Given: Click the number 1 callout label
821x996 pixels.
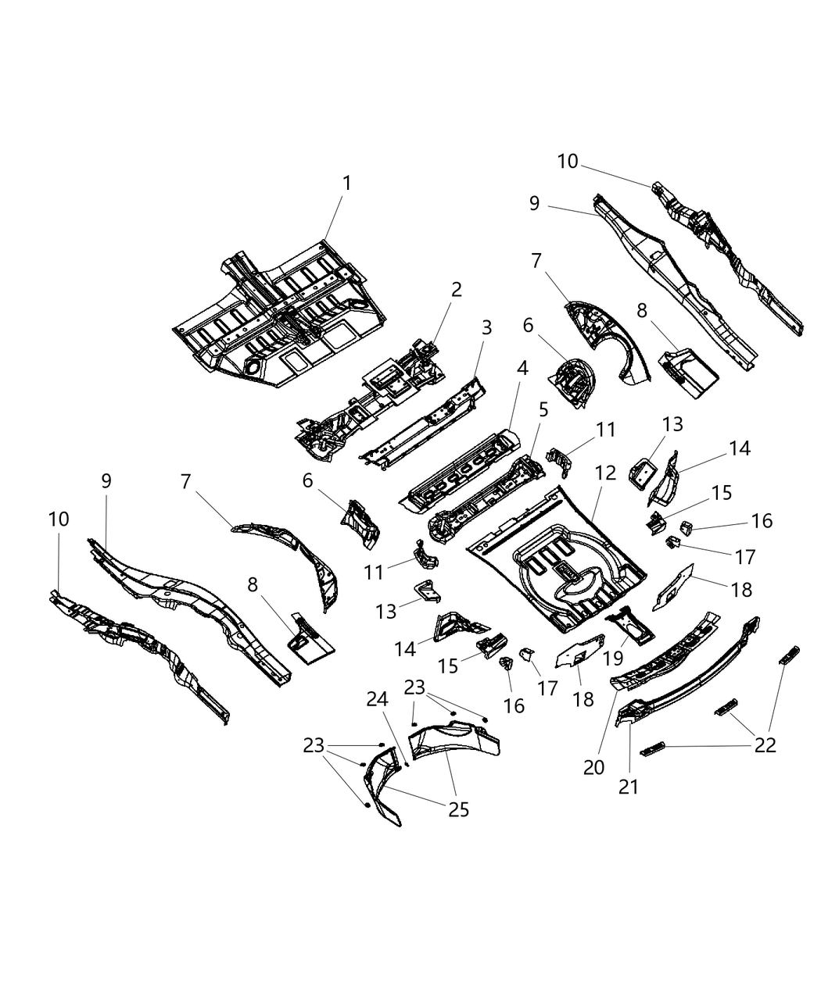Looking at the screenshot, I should [x=346, y=184].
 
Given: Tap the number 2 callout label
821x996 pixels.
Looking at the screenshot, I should [x=456, y=290].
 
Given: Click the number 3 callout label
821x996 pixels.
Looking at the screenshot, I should [x=487, y=328].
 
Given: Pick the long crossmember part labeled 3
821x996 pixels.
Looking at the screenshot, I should [x=422, y=426].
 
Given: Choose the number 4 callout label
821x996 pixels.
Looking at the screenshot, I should [x=522, y=367].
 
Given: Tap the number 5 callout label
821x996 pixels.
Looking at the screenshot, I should [x=543, y=409].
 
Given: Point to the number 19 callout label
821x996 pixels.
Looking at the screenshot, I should [x=613, y=659].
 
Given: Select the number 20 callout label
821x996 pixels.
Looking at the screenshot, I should [x=594, y=767].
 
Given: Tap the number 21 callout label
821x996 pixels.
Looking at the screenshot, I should [x=629, y=786].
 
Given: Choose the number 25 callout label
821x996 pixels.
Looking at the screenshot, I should [x=458, y=809].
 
